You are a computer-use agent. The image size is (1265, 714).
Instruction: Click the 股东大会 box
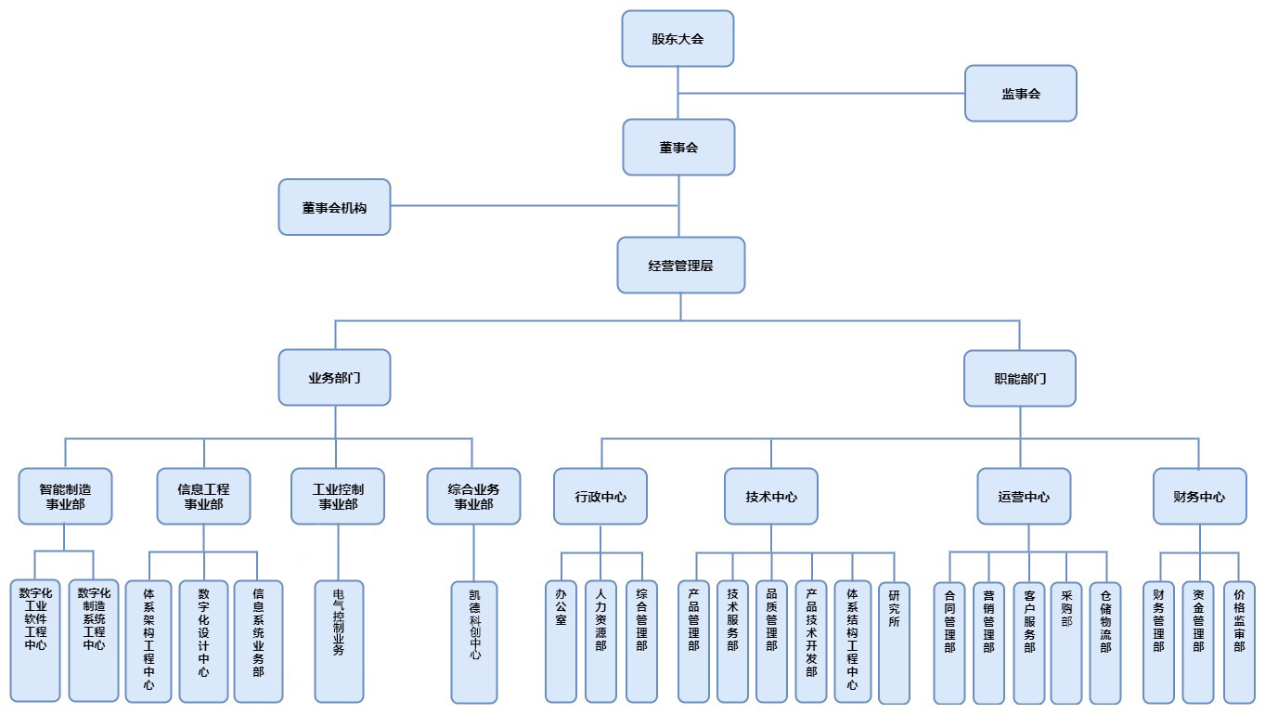click(x=678, y=39)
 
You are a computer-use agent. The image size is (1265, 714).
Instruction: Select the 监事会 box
click(x=1020, y=94)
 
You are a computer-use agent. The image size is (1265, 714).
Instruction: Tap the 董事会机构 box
click(x=334, y=207)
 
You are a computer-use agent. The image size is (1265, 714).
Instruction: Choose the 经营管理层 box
click(x=680, y=266)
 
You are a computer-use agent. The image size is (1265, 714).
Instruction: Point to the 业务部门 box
click(x=334, y=378)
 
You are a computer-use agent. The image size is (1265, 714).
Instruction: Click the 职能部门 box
click(x=1019, y=379)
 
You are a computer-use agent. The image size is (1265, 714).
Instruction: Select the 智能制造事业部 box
click(x=65, y=497)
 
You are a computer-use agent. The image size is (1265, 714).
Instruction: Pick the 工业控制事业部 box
click(x=338, y=497)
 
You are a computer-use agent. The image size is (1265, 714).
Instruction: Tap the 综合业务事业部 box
click(x=473, y=497)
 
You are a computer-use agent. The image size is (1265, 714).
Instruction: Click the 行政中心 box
click(x=600, y=497)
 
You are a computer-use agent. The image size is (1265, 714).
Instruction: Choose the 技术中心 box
click(x=770, y=497)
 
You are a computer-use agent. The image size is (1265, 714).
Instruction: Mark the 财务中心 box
click(x=1199, y=497)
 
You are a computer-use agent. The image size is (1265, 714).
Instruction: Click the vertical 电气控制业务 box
click(x=339, y=641)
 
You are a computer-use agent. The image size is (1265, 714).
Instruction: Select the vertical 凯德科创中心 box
click(x=474, y=642)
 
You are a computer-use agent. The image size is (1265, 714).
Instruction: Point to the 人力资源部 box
click(x=600, y=641)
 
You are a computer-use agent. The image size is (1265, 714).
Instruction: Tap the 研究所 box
click(x=894, y=641)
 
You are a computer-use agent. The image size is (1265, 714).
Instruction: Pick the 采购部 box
click(x=1066, y=641)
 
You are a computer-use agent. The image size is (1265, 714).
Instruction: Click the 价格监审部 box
click(x=1239, y=641)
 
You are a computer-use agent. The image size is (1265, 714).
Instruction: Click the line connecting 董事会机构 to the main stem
click(x=534, y=207)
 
